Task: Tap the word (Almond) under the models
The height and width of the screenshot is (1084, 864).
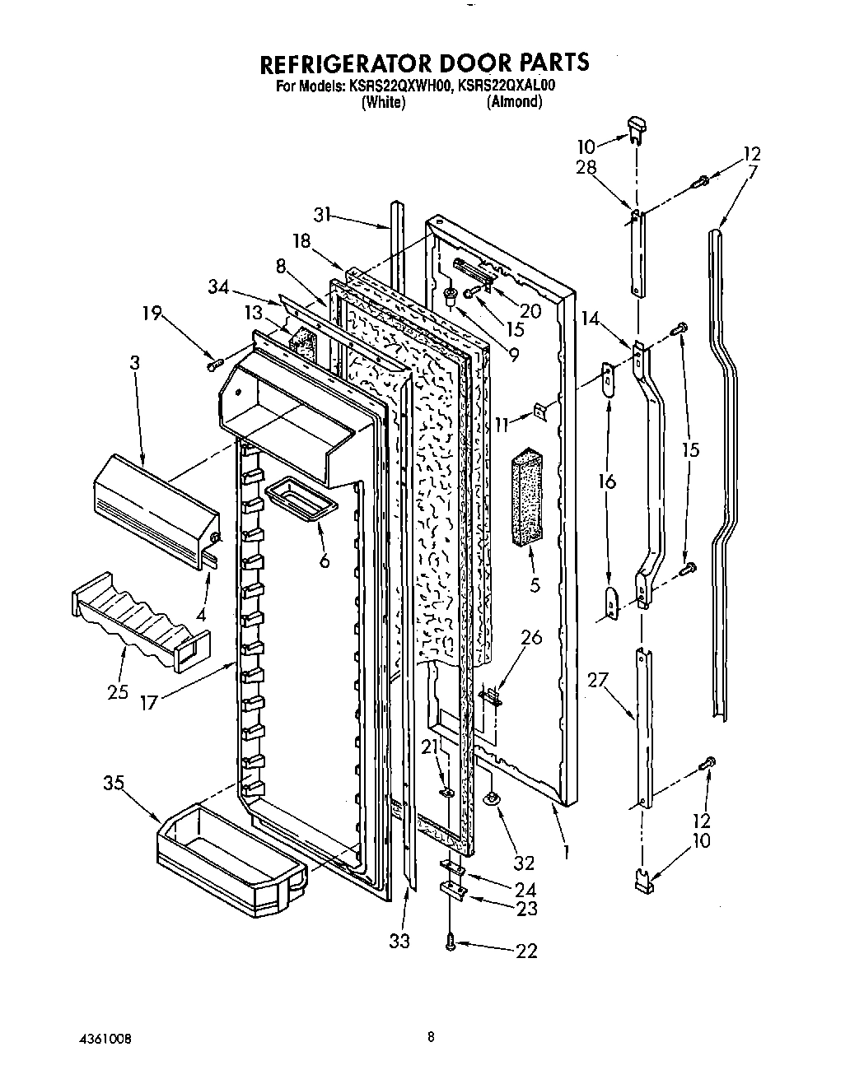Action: [514, 102]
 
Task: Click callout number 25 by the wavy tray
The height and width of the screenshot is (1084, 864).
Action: [118, 691]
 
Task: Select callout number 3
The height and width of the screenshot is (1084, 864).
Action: [134, 363]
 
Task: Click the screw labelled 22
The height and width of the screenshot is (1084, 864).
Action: [451, 944]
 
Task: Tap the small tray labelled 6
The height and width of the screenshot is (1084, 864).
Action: [301, 498]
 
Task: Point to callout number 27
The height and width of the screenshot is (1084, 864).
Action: [598, 681]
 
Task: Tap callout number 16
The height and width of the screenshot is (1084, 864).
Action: [608, 482]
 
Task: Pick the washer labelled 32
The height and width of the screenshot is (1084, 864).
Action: [492, 798]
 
